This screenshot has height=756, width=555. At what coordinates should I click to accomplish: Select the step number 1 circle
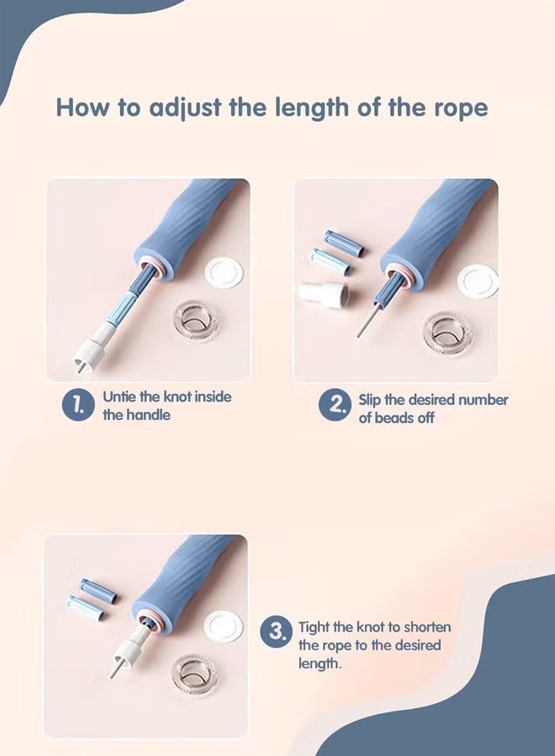(77, 405)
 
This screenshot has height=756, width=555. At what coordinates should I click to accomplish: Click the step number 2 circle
(334, 405)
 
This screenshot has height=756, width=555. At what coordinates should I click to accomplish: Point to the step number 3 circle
(276, 631)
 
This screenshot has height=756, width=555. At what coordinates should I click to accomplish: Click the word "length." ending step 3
(320, 664)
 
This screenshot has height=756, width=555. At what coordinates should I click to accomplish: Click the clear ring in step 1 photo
(195, 320)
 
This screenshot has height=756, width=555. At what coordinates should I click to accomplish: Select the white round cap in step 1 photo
(224, 273)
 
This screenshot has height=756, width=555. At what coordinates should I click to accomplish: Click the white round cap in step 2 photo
(478, 281)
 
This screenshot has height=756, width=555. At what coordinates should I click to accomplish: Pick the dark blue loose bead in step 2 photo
(344, 243)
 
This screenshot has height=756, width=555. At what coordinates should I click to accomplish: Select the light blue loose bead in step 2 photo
(331, 261)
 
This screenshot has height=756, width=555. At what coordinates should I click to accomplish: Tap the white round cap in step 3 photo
(224, 627)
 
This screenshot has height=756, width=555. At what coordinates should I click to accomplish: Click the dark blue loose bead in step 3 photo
(98, 591)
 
